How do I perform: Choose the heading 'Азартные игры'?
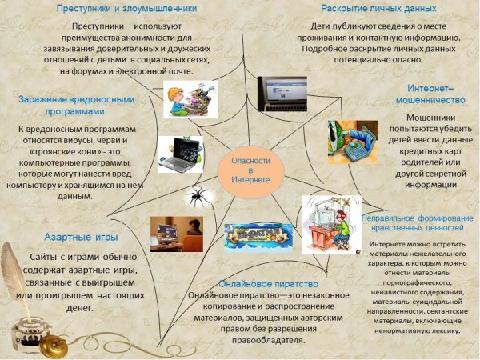pos(81,238)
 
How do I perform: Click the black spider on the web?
pos(195,194)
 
